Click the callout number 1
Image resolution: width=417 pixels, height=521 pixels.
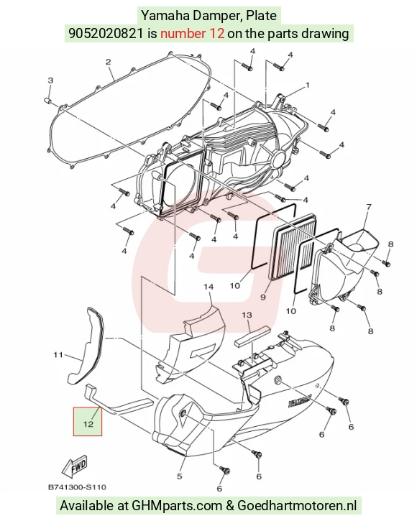[307, 86]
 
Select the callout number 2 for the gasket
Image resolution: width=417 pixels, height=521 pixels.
[108, 62]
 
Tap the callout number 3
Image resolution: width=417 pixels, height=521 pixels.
[50, 80]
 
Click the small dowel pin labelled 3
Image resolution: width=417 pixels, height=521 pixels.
[47, 101]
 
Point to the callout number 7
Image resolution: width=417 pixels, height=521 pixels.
[369, 207]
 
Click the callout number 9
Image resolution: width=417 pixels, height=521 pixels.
[263, 297]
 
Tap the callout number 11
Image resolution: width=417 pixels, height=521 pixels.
[58, 355]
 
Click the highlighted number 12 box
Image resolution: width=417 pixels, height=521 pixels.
[88, 421]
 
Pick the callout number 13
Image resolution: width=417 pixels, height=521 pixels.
[247, 315]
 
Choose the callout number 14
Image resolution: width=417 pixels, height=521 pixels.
[208, 287]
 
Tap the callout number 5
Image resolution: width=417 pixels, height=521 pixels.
[179, 476]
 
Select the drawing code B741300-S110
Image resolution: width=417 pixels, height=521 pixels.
[77, 487]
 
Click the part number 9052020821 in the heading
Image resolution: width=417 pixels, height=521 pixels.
[106, 33]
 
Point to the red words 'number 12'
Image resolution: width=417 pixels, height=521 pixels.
[192, 33]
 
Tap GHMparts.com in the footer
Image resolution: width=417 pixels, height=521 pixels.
[177, 506]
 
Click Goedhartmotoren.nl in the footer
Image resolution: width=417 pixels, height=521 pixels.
[297, 505]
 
